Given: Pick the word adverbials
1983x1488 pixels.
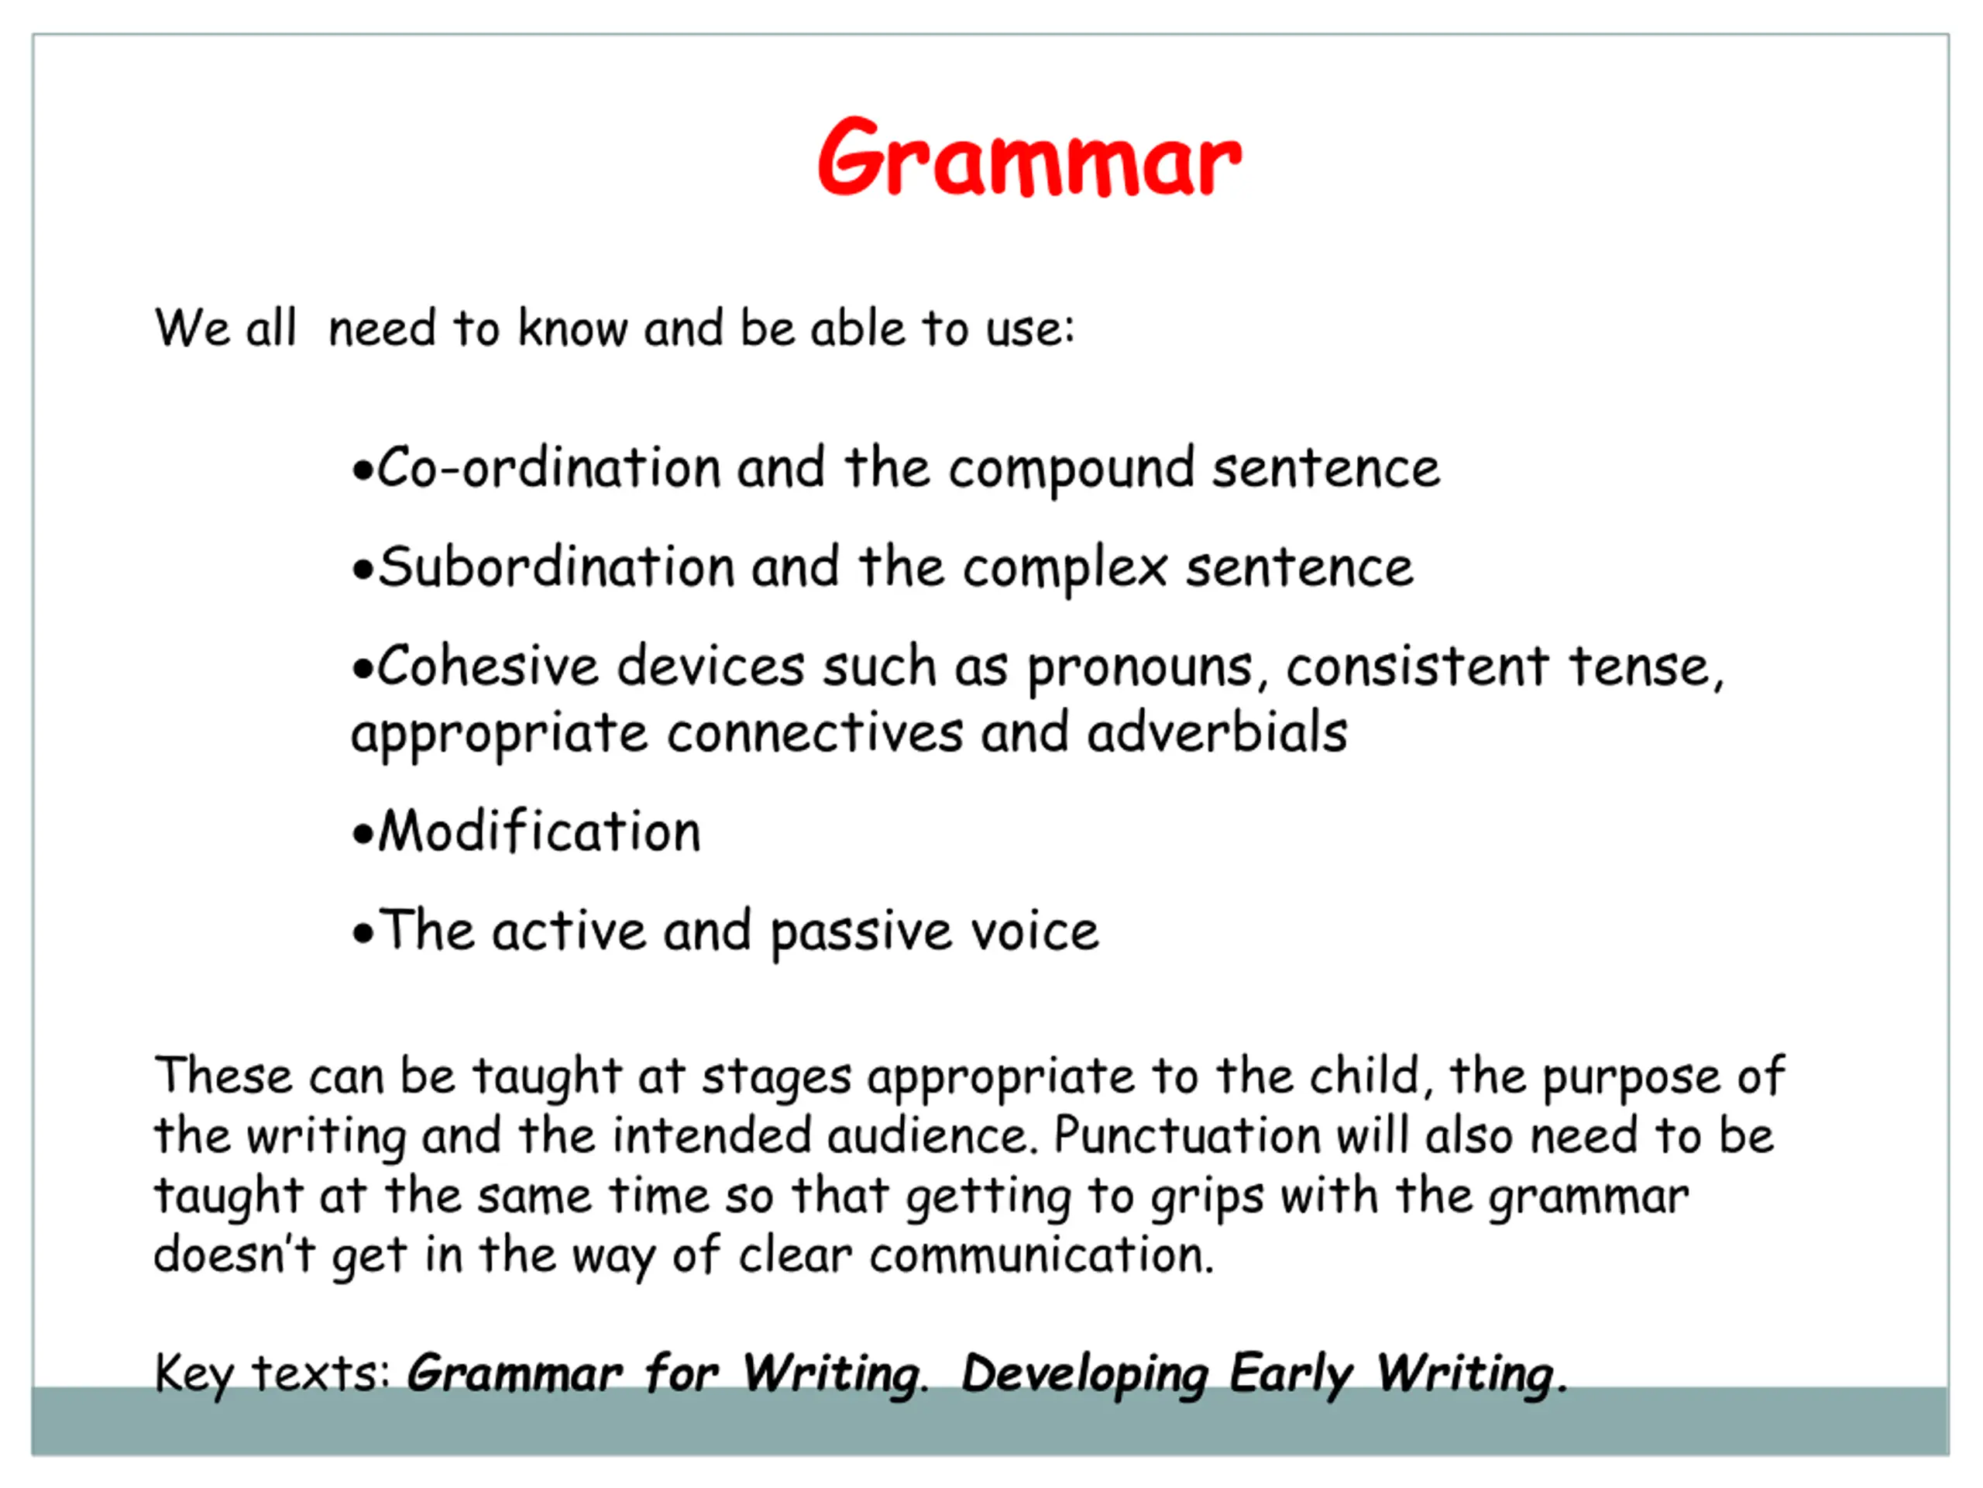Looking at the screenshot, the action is pos(1218,732).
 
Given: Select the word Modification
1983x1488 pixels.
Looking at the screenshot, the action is pos(540,831).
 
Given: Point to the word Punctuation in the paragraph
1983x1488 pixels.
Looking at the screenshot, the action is pos(1187,1135).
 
